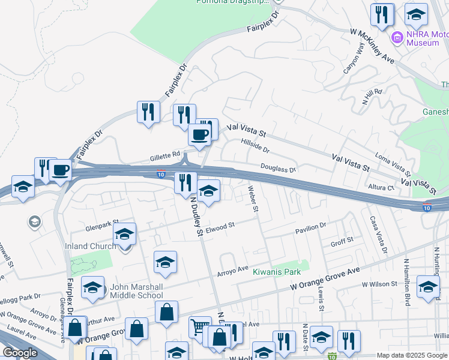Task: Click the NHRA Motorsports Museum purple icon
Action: (396, 39)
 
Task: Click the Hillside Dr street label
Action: (255, 145)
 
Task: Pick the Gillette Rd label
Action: (164, 155)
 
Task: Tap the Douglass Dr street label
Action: (278, 169)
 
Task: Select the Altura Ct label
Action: (382, 188)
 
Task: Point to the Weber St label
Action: (253, 199)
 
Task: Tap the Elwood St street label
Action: (219, 227)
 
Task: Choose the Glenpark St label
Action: (99, 228)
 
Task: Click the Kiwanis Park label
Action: (276, 272)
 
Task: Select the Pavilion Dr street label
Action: (310, 227)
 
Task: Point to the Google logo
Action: (19, 353)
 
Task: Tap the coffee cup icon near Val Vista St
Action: (200, 134)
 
